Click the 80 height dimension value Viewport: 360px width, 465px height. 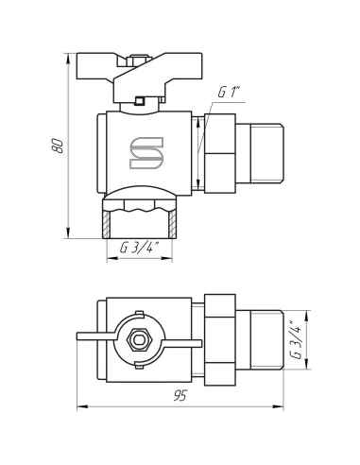(x=58, y=146)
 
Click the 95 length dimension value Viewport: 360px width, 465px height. (x=180, y=396)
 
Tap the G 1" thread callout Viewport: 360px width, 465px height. (x=230, y=93)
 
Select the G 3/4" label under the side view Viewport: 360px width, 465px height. (x=140, y=248)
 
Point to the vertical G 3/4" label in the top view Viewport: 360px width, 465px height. (x=296, y=340)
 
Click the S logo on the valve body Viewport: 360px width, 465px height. (x=146, y=153)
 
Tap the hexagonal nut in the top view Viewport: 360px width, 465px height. (x=139, y=339)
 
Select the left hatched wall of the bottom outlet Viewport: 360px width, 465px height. (x=106, y=225)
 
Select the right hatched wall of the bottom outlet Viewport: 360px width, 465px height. (x=172, y=225)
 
